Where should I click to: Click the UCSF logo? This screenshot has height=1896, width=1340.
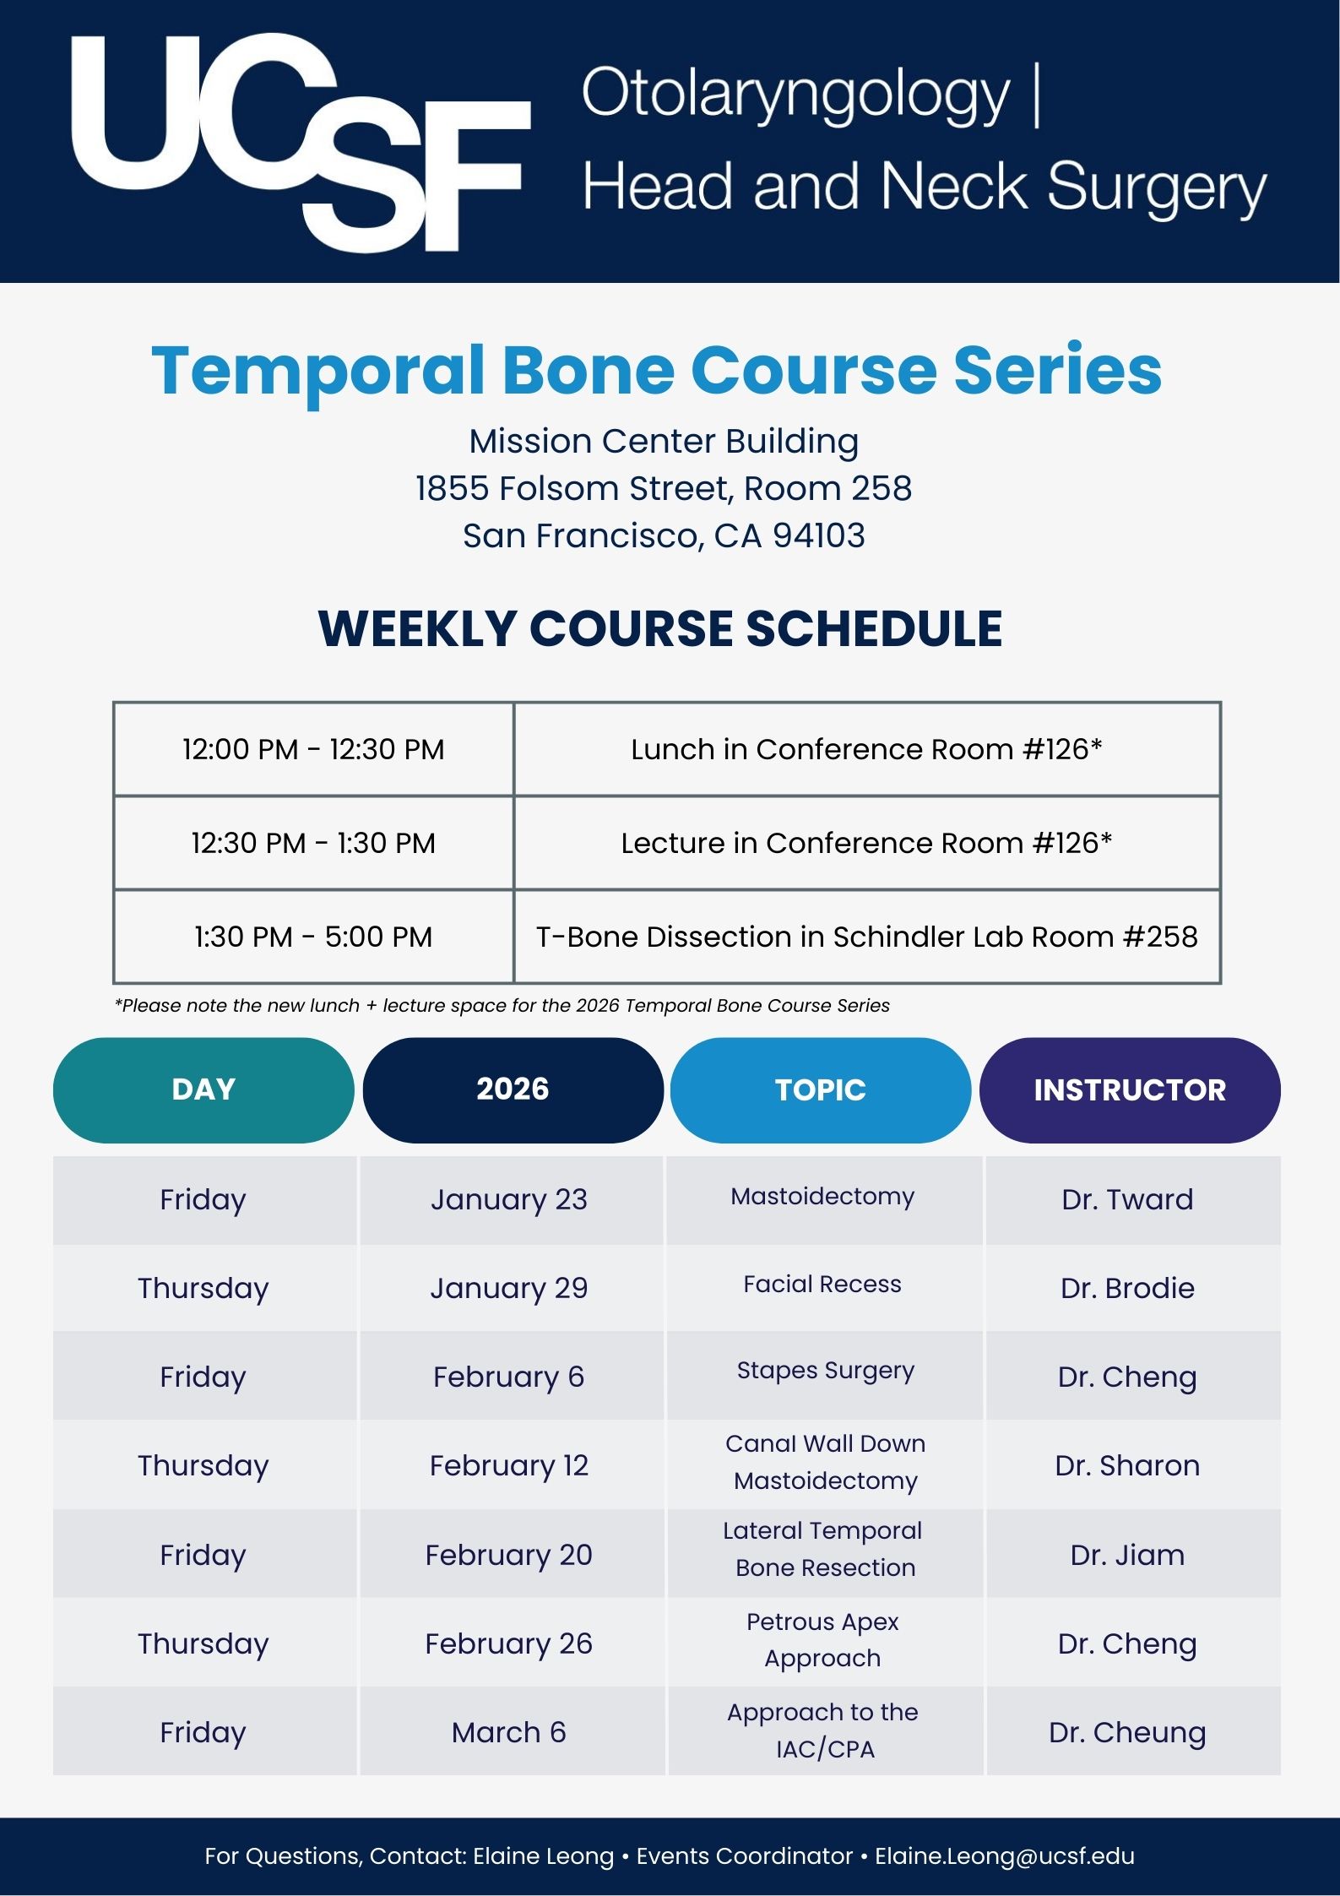point(300,142)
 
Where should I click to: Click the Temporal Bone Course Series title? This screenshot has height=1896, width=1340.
point(657,370)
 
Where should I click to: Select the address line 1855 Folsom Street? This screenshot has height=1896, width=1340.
point(664,488)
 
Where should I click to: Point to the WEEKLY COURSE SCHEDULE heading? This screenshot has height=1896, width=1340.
point(660,628)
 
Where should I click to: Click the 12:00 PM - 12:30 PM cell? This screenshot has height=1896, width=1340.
point(313,749)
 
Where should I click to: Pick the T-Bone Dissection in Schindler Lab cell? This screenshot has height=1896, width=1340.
point(866,937)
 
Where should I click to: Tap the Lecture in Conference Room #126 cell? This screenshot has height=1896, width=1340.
point(866,843)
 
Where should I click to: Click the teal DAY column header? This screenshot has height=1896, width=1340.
point(203,1089)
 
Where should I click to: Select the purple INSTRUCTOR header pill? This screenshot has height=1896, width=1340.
point(1130,1089)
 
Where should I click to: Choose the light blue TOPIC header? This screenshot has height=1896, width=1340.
point(821,1089)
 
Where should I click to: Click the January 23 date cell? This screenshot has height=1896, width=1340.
point(509,1199)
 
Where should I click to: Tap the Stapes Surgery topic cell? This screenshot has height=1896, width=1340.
point(825,1370)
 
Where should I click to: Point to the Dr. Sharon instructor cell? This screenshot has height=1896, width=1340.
point(1127,1465)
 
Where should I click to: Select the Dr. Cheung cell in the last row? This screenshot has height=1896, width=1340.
point(1127,1732)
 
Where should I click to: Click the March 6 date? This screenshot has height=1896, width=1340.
point(509,1732)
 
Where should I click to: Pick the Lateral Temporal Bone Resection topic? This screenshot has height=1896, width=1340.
point(823,1549)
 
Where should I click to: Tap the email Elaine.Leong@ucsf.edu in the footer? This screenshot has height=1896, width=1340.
point(1005,1855)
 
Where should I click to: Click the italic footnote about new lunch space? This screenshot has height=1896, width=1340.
point(502,1005)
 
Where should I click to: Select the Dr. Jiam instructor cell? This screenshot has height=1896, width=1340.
point(1127,1555)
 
